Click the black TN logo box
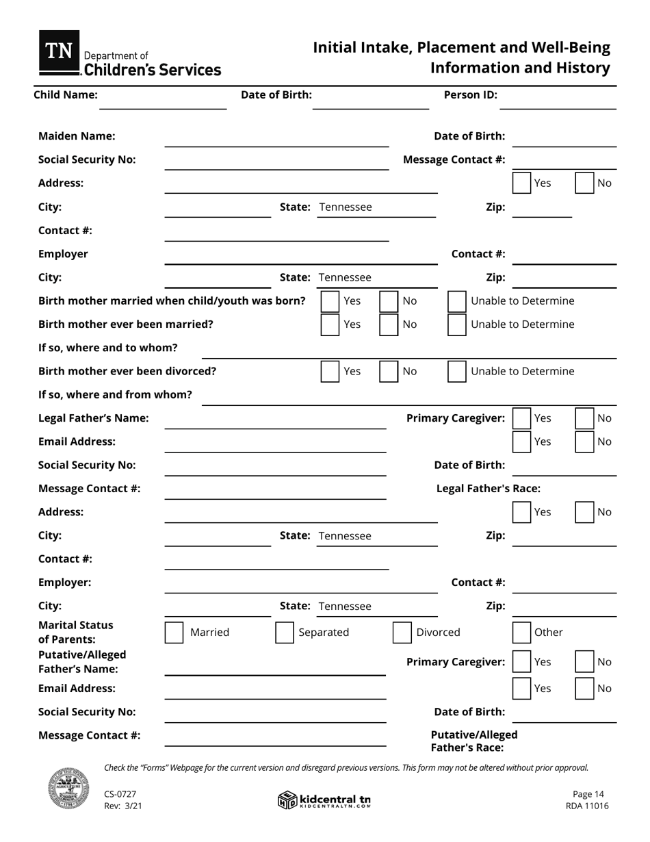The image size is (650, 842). pyautogui.click(x=59, y=52)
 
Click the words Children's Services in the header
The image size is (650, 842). pyautogui.click(x=152, y=70)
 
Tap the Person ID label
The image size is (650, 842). pyautogui.click(x=471, y=95)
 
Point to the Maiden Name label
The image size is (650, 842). pyautogui.click(x=77, y=136)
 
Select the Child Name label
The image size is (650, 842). pyautogui.click(x=66, y=95)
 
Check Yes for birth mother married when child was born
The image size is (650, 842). pyautogui.click(x=330, y=301)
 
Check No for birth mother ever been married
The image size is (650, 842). pyautogui.click(x=389, y=324)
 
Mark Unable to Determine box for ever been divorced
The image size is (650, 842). pyautogui.click(x=457, y=371)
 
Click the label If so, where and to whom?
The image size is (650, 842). pyautogui.click(x=108, y=348)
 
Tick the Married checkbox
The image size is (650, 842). pyautogui.click(x=174, y=633)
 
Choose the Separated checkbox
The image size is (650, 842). pyautogui.click(x=285, y=633)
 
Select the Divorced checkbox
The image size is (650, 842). pyautogui.click(x=402, y=633)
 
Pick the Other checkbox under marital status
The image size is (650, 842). pyautogui.click(x=522, y=633)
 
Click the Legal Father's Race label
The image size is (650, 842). pyautogui.click(x=489, y=489)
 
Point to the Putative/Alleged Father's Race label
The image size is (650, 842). pyautogui.click(x=473, y=741)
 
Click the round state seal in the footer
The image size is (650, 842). pyautogui.click(x=68, y=789)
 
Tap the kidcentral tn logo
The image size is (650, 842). pyautogui.click(x=324, y=800)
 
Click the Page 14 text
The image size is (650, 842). pyautogui.click(x=588, y=794)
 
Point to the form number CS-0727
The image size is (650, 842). pyautogui.click(x=120, y=794)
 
